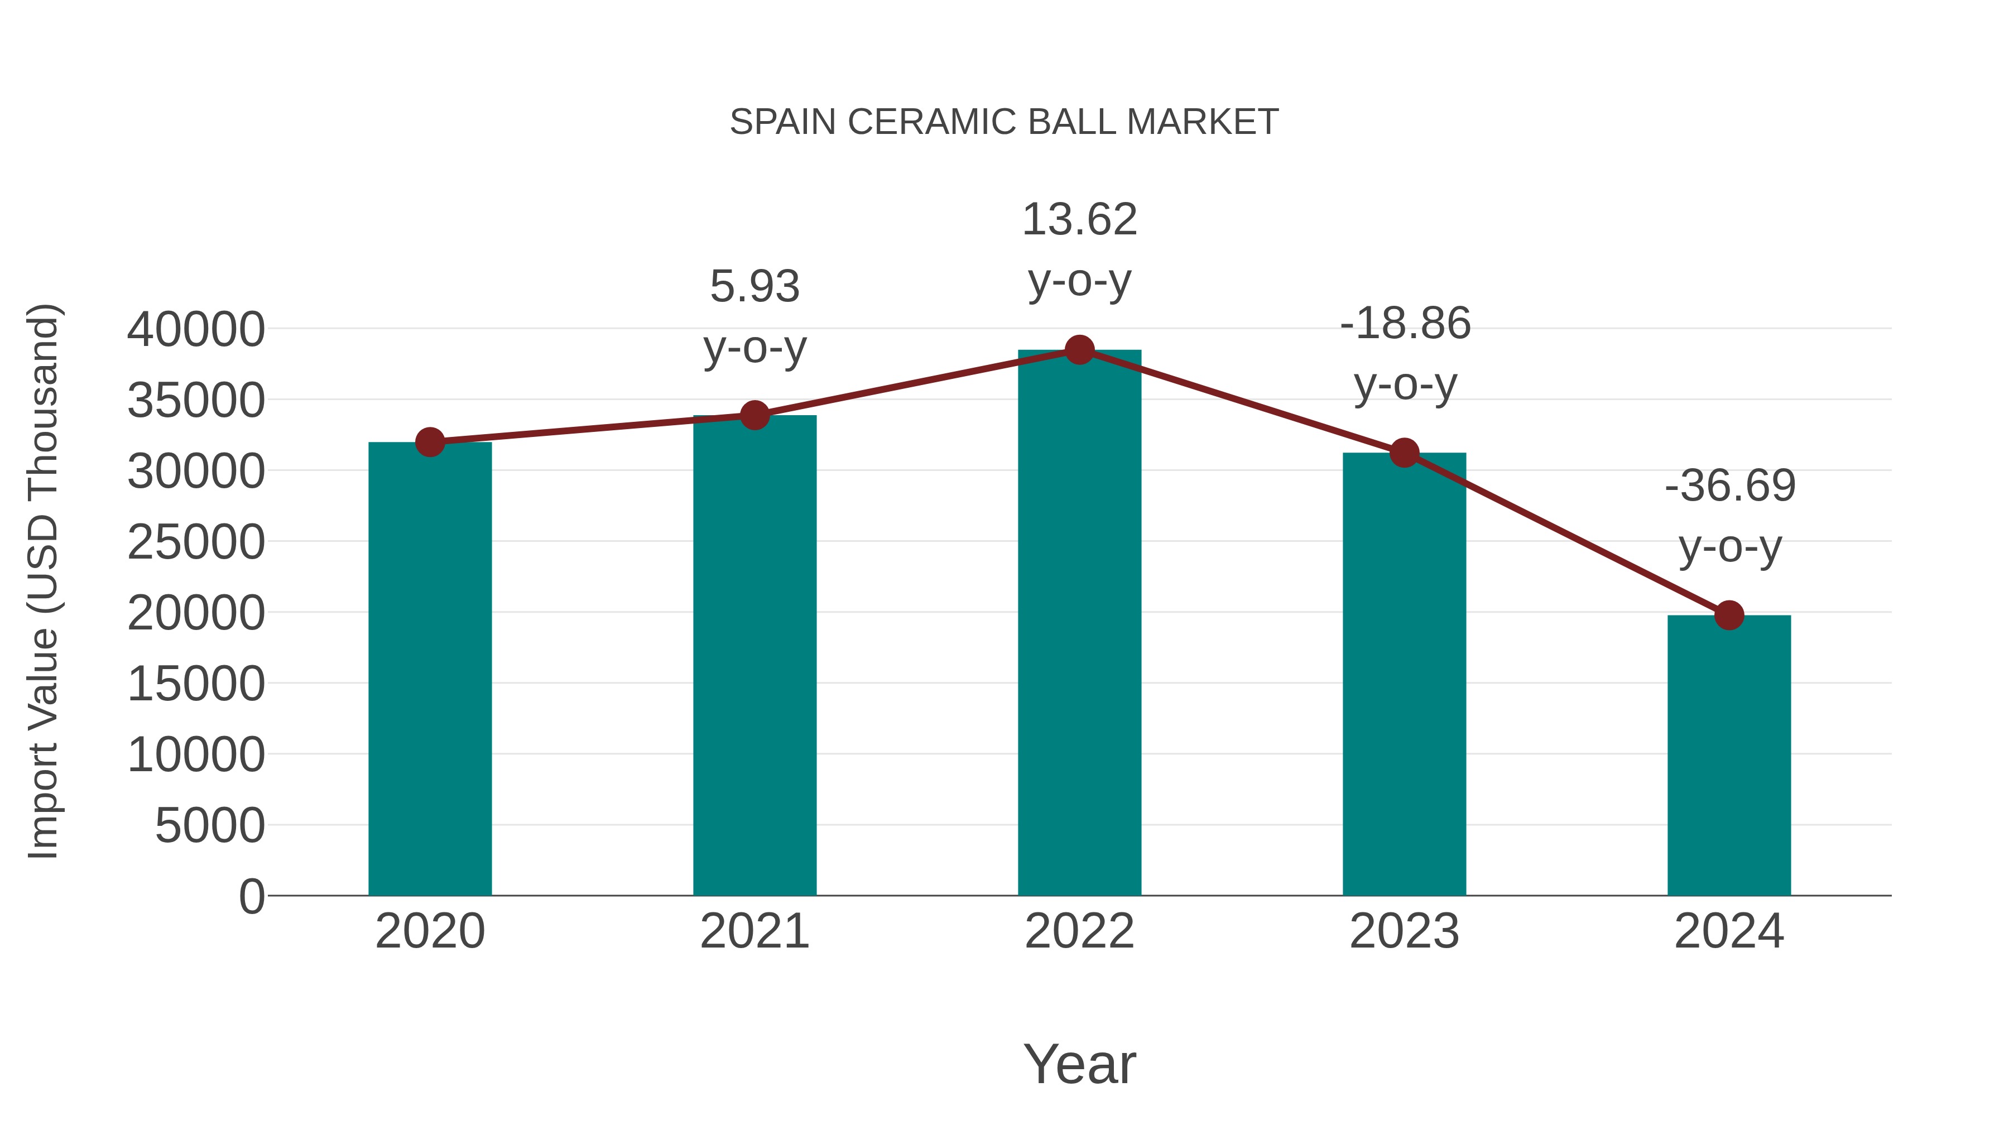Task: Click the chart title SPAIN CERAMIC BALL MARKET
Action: coord(1004,122)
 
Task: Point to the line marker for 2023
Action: coord(1404,453)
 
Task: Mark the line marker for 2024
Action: coord(1729,616)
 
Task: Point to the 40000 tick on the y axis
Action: coord(196,329)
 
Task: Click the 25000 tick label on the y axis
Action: coord(196,542)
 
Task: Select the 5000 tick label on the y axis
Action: coord(210,826)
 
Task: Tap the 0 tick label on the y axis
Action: coord(252,896)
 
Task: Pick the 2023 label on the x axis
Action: coord(1404,931)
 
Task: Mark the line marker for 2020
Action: coord(430,442)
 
